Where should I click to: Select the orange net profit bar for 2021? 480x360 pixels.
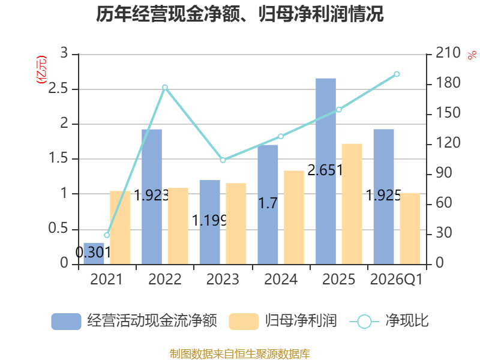tap(120, 227)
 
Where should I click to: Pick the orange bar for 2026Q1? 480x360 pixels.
tap(410, 229)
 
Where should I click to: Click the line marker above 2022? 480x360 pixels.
tap(165, 87)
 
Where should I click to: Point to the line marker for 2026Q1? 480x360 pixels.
tap(397, 74)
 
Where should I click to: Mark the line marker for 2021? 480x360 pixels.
tap(107, 235)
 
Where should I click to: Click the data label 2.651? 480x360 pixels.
tap(325, 170)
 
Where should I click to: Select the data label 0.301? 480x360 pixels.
tap(93, 253)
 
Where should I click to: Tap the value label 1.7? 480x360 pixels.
tap(268, 203)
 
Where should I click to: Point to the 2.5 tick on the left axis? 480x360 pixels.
tap(58, 88)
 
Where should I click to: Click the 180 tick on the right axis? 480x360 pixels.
tap(448, 83)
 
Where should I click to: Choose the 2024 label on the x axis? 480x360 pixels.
tap(281, 279)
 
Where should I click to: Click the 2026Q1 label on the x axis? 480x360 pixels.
tap(397, 279)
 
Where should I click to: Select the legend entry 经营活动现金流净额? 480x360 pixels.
tap(134, 321)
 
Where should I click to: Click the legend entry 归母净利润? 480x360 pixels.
tap(283, 321)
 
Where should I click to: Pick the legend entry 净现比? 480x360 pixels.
tap(389, 321)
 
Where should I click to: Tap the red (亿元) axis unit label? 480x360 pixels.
tap(41, 70)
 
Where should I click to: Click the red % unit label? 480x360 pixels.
tap(472, 55)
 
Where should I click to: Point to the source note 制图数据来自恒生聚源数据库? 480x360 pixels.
tap(240, 354)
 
